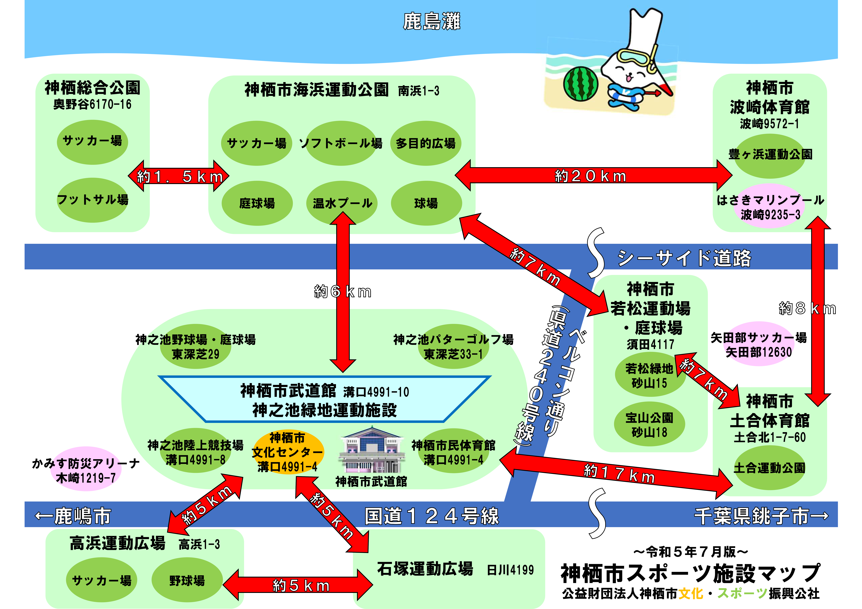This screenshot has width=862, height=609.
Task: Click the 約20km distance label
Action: pos(591,176)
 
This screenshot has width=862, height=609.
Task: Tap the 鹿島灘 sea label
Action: pos(431,21)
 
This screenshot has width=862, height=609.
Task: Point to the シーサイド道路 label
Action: pos(684,258)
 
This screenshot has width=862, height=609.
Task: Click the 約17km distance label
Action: pos(619,474)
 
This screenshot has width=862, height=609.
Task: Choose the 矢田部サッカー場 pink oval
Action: pos(759,344)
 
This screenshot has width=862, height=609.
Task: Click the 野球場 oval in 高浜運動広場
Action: pos(187,580)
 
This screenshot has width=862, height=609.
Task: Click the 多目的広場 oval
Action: pos(426,143)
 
